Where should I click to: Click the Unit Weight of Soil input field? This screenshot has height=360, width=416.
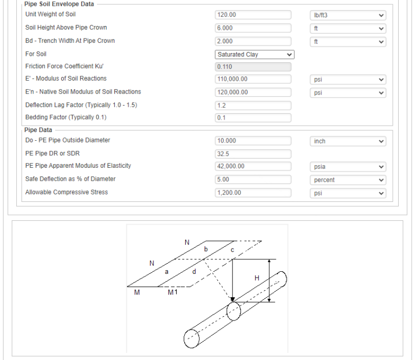tap(253, 15)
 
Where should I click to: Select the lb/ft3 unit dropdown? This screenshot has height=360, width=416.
tap(348, 15)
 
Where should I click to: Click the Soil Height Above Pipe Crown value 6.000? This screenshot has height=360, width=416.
tap(253, 28)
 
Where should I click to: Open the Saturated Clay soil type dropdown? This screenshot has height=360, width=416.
tap(255, 55)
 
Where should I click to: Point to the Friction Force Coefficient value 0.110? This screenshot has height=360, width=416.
tap(253, 67)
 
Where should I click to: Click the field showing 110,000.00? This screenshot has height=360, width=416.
tap(253, 79)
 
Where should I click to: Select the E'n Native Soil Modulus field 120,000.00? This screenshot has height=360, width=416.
tap(253, 92)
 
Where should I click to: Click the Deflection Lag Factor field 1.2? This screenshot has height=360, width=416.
tap(253, 106)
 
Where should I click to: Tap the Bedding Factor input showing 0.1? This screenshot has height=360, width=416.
tap(253, 117)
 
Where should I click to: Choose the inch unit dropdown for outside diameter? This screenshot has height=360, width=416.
tap(348, 141)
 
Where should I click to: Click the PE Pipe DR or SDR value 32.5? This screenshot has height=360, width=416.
tap(253, 154)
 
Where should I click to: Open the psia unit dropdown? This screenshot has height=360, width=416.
tap(348, 167)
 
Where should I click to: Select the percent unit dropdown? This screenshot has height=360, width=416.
tap(348, 180)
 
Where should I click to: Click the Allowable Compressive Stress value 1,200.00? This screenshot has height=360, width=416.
tap(253, 193)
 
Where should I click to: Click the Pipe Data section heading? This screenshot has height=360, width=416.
tap(38, 130)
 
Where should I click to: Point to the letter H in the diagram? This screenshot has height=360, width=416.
tap(257, 278)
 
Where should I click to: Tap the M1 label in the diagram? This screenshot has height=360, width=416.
tap(172, 292)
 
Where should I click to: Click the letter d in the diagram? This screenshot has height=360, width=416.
tap(194, 271)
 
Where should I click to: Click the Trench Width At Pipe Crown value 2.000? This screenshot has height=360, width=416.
tap(253, 41)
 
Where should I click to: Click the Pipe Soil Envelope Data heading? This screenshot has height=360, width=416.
tap(59, 4)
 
